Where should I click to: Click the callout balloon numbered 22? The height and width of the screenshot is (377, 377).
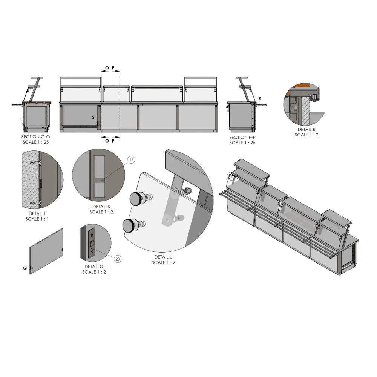131,160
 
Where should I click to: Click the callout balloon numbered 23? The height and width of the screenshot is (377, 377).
118,259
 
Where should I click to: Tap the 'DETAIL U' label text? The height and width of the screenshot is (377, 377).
163,257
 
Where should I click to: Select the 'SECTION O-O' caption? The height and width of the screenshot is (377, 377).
36,137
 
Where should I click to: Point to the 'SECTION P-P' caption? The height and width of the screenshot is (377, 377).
242,138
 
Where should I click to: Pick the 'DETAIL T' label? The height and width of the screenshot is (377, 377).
37,213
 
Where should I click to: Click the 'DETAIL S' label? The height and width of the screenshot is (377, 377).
101,207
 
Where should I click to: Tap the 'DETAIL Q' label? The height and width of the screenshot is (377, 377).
94,267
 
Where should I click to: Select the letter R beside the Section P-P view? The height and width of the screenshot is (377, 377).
259,98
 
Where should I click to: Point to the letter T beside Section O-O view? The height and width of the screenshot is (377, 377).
21,119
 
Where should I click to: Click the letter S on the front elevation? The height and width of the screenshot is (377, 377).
93,117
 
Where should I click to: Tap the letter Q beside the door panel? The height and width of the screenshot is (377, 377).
25,268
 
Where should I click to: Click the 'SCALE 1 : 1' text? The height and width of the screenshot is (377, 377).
37,219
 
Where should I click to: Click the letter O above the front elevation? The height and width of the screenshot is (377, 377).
107,68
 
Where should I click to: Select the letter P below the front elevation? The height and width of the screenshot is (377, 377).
113,141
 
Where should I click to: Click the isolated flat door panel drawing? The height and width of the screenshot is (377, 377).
46,251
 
